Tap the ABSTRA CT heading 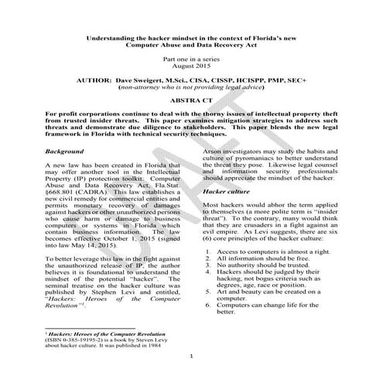(x=190, y=100)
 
